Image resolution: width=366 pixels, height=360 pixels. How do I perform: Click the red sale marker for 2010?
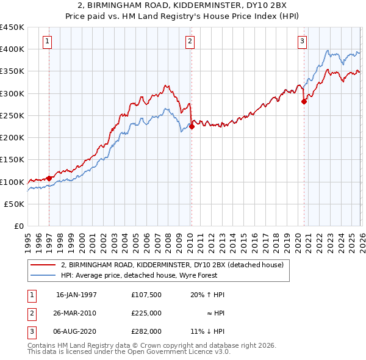coord(192,127)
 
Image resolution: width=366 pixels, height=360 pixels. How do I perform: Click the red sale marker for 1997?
coord(49,178)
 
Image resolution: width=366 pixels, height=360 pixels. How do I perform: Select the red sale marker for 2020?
coord(304,102)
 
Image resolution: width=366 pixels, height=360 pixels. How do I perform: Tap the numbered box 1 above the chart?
coord(48,41)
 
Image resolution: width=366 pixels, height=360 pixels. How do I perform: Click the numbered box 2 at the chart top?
coord(190,41)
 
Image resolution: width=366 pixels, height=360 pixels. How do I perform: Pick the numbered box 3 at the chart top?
coord(302,41)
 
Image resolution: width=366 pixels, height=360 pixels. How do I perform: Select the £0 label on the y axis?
coord(18,226)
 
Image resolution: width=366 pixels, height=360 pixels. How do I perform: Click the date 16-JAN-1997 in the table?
coord(76,295)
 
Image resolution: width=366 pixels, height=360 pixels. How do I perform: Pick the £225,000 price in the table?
coord(146,313)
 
